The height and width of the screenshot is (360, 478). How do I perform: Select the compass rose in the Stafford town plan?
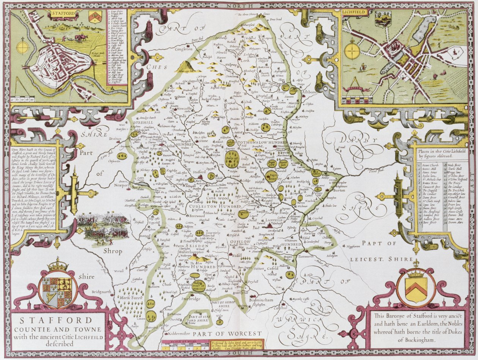tap(23, 48)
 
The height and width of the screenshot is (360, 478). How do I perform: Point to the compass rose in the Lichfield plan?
tap(352, 52)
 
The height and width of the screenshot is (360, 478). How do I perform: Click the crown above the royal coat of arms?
tap(58, 264)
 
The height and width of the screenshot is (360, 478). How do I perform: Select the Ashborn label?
tap(310, 91)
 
